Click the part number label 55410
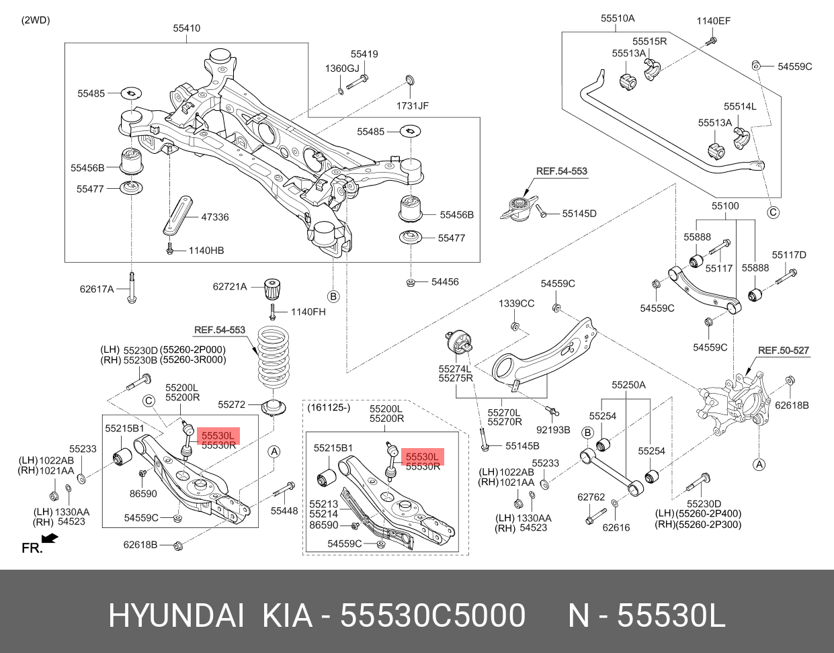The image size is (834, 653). pyautogui.click(x=186, y=28)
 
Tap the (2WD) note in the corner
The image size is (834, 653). pyautogui.click(x=36, y=20)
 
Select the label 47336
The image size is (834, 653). pyautogui.click(x=214, y=217)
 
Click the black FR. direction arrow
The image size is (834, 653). pyautogui.click(x=49, y=538)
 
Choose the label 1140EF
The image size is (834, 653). pyautogui.click(x=713, y=21)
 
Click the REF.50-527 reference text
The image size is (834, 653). pyautogui.click(x=783, y=350)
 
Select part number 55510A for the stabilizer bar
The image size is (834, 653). pyautogui.click(x=617, y=19)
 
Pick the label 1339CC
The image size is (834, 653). pyautogui.click(x=516, y=304)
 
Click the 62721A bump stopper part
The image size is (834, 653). pyautogui.click(x=272, y=288)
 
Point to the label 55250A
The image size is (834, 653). pyautogui.click(x=628, y=385)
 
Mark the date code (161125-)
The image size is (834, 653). pyautogui.click(x=329, y=408)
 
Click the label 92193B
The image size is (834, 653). pyautogui.click(x=552, y=429)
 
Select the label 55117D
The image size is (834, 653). pyautogui.click(x=788, y=255)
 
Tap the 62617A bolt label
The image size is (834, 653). pyautogui.click(x=97, y=289)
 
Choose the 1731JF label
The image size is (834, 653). pyautogui.click(x=412, y=105)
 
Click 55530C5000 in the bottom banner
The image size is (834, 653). pyautogui.click(x=433, y=615)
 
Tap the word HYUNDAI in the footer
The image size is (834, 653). pyautogui.click(x=176, y=615)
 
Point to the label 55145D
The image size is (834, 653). pyautogui.click(x=579, y=214)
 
